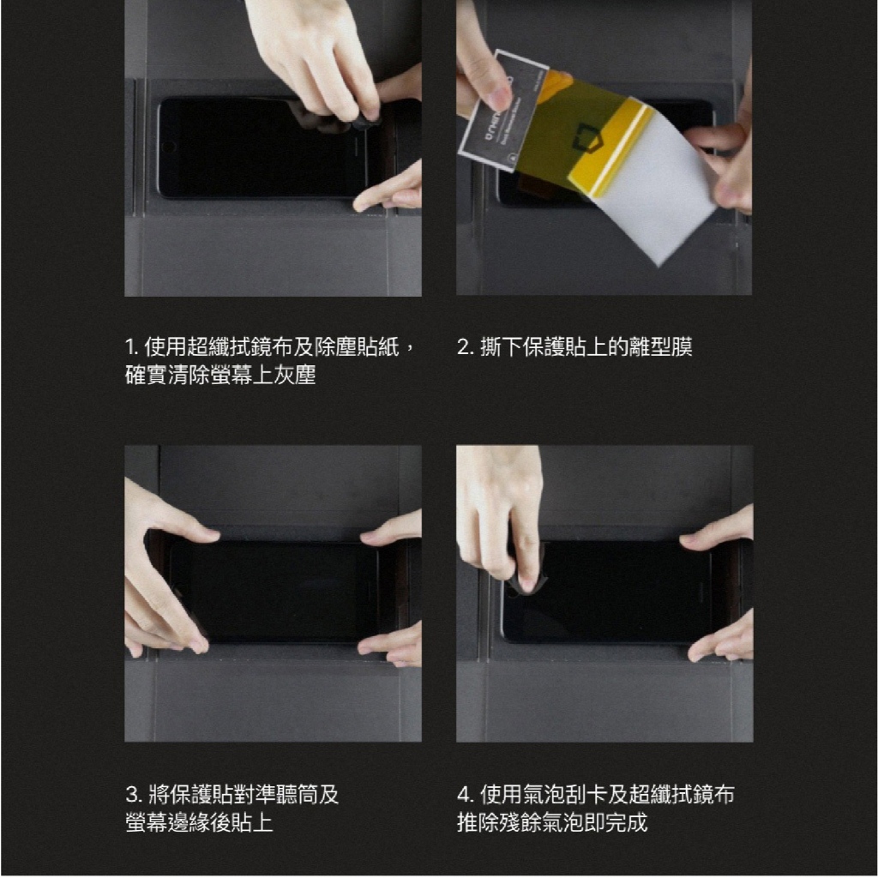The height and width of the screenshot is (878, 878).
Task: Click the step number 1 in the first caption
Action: [x=130, y=347]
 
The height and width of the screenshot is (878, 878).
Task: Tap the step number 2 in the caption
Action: [x=464, y=347]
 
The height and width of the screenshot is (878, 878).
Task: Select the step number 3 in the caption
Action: [x=133, y=795]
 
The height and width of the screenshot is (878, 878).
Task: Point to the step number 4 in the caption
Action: [x=465, y=795]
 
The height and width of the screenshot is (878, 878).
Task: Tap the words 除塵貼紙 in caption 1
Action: [x=357, y=347]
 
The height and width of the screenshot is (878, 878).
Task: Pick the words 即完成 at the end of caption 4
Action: [x=616, y=822]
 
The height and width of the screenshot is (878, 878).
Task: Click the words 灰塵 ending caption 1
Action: [x=295, y=376]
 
